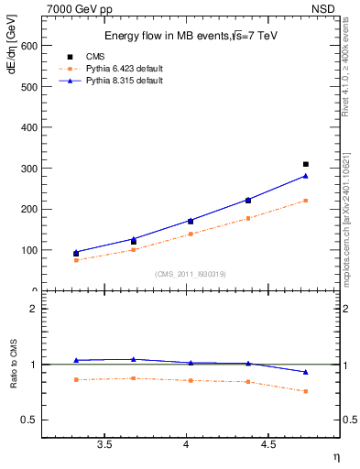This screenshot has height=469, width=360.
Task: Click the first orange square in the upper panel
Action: (x=76, y=260)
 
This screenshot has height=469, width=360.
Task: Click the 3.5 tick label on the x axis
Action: (x=104, y=444)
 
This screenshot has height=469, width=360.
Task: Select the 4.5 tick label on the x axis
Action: (x=268, y=444)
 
